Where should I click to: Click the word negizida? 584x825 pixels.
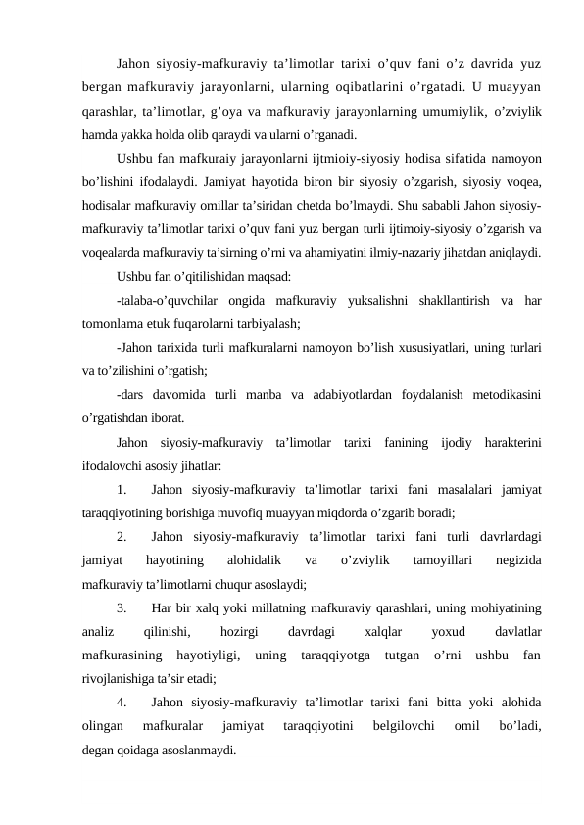tap(519, 561)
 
